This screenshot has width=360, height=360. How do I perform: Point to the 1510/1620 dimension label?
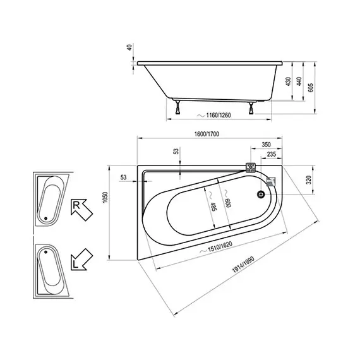coord(213,251)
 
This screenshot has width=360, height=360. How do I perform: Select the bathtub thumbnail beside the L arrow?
coord(49,270)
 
